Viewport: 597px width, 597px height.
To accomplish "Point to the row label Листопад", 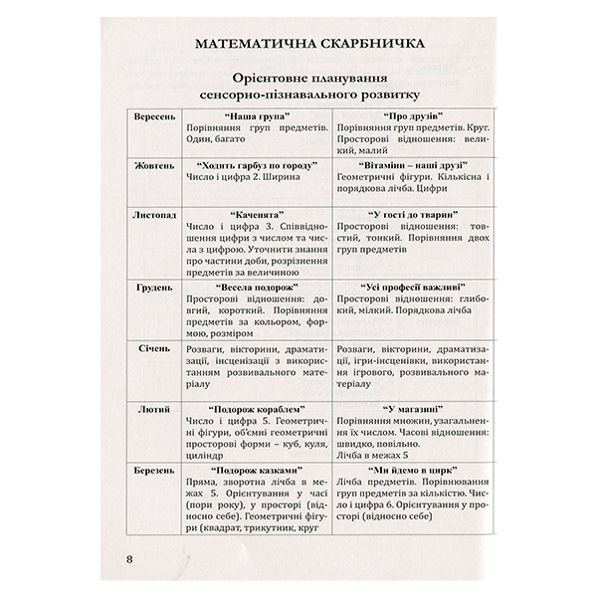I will coord(153,213).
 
